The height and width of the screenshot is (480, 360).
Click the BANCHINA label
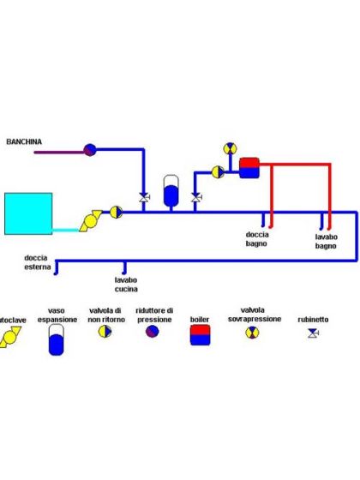click(24, 141)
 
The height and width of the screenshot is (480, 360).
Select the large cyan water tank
click(27, 213)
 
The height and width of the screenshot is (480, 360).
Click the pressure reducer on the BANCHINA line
click(89, 149)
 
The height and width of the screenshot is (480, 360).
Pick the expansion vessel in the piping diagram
click(171, 191)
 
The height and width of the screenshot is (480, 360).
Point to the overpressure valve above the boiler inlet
click(229, 147)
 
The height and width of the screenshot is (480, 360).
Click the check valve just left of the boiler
click(218, 171)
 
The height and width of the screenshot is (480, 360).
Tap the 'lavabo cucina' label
click(127, 283)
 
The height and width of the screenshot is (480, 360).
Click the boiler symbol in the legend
click(199, 337)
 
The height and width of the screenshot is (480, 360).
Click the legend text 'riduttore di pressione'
click(155, 314)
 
